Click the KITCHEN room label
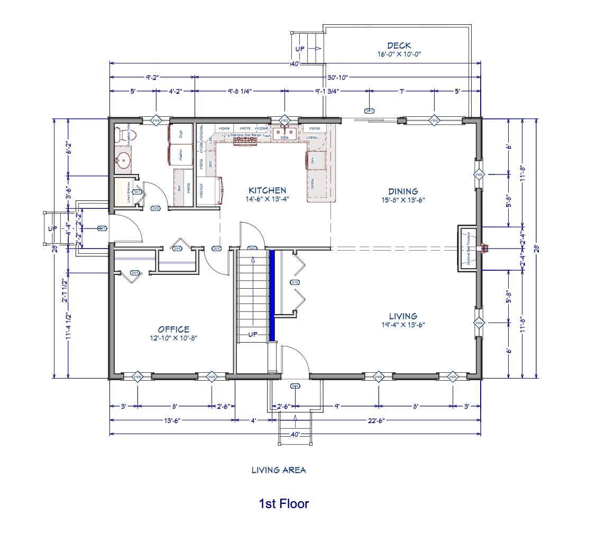point(267,190)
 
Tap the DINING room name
point(403,191)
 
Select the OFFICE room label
point(173,329)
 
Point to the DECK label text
point(399,46)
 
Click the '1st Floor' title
point(283,504)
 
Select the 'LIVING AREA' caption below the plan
point(279,469)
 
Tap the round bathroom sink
point(124,160)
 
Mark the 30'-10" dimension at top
point(337,77)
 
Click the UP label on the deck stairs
point(300,49)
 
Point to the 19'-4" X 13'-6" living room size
point(403,325)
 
